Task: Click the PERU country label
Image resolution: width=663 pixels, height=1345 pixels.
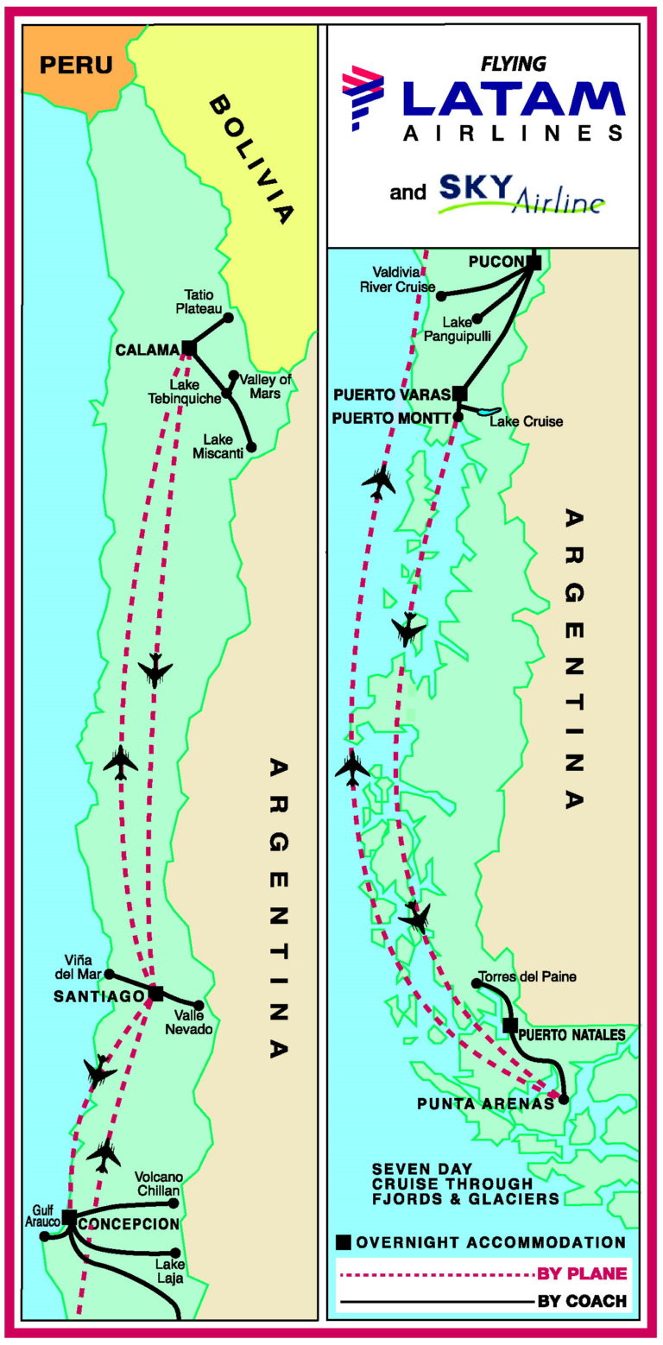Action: click(x=77, y=65)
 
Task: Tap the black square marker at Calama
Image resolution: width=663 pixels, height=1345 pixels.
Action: click(x=187, y=349)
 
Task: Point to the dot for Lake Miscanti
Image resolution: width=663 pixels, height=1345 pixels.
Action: click(x=251, y=447)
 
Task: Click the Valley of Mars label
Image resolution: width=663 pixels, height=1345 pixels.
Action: click(x=266, y=385)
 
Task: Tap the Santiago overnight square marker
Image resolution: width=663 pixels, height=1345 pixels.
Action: click(x=156, y=994)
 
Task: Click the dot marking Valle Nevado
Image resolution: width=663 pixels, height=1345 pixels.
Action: click(x=199, y=1005)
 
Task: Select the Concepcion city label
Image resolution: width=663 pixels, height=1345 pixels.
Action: click(x=129, y=1223)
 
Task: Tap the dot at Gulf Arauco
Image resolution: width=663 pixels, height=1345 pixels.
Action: click(x=45, y=1236)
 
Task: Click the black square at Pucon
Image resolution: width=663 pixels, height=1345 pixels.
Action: click(x=534, y=262)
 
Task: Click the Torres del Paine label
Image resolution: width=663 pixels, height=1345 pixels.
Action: click(x=529, y=977)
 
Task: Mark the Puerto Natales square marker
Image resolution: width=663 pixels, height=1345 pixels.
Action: click(x=510, y=1026)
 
